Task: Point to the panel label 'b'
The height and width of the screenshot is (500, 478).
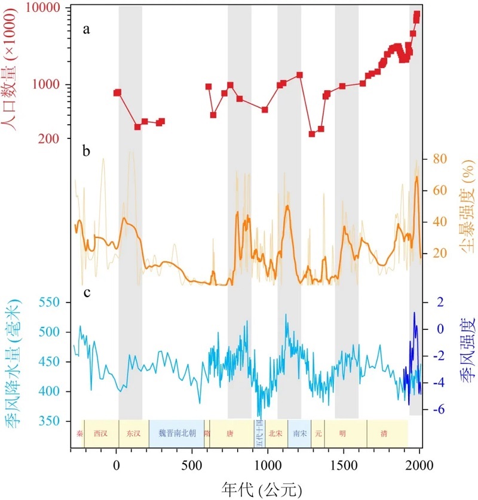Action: [x=87, y=152]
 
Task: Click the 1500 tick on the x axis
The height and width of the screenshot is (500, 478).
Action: [x=344, y=465]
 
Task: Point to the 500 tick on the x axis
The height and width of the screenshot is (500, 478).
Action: [x=192, y=465]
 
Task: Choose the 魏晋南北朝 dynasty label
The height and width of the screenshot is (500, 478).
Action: [x=176, y=434]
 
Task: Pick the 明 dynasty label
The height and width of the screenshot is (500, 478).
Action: [x=342, y=434]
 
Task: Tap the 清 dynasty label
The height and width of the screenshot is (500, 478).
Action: [x=383, y=434]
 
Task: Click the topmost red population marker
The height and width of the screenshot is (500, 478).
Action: [x=417, y=14]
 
